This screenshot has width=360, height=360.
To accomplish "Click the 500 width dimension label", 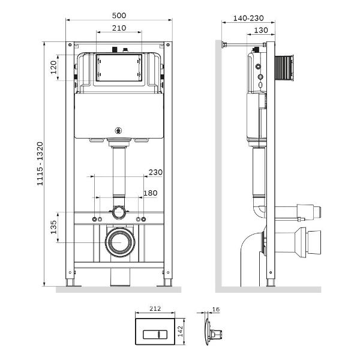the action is point(119,16).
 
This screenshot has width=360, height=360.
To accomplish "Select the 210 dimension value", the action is point(119,28).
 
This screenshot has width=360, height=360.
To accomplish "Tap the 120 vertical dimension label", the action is point(53,67).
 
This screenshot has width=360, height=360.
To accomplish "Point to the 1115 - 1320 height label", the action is point(40,164).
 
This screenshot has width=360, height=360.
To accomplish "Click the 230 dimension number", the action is point(155,172).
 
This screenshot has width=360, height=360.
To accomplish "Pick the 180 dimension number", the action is point(151,193).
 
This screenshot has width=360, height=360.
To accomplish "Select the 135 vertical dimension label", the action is point(53,227).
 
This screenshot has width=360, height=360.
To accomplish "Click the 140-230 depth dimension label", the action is point(248,18).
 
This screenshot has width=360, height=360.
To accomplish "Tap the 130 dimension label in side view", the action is point(261,31).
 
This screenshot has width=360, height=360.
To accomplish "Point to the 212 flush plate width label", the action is point(155,308).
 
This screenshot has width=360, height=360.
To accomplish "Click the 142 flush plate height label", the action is point(180,331).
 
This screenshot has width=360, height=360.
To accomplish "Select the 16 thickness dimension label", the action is point(216,310).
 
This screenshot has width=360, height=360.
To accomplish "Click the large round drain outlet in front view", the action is point(120,242).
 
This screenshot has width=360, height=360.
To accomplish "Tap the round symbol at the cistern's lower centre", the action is point(118,131).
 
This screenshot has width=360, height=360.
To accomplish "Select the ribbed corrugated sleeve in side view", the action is point(284,68).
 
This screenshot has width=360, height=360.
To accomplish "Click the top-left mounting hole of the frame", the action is point(70,45).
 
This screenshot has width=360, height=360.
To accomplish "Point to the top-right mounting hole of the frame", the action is point(168,45).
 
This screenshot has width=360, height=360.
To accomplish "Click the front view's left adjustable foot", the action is point(70,283).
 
